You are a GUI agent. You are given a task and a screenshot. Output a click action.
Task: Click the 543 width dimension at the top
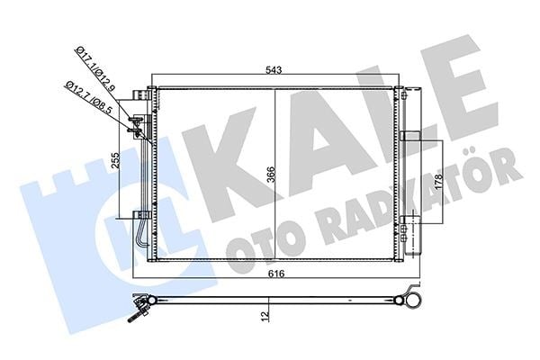[x=274, y=70]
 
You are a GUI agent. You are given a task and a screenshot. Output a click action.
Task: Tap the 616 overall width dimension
[x=276, y=274]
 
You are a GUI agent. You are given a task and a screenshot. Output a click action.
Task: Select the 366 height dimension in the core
[x=271, y=175]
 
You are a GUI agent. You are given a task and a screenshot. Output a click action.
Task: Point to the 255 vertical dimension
[x=116, y=160]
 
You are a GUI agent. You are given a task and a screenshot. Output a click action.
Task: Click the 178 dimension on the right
[x=438, y=182]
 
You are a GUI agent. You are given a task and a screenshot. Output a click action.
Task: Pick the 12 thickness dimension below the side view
[x=265, y=317]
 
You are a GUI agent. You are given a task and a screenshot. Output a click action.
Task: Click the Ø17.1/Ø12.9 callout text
[x=95, y=69]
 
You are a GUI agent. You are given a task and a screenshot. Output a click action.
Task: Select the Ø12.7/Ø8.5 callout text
[x=89, y=98]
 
